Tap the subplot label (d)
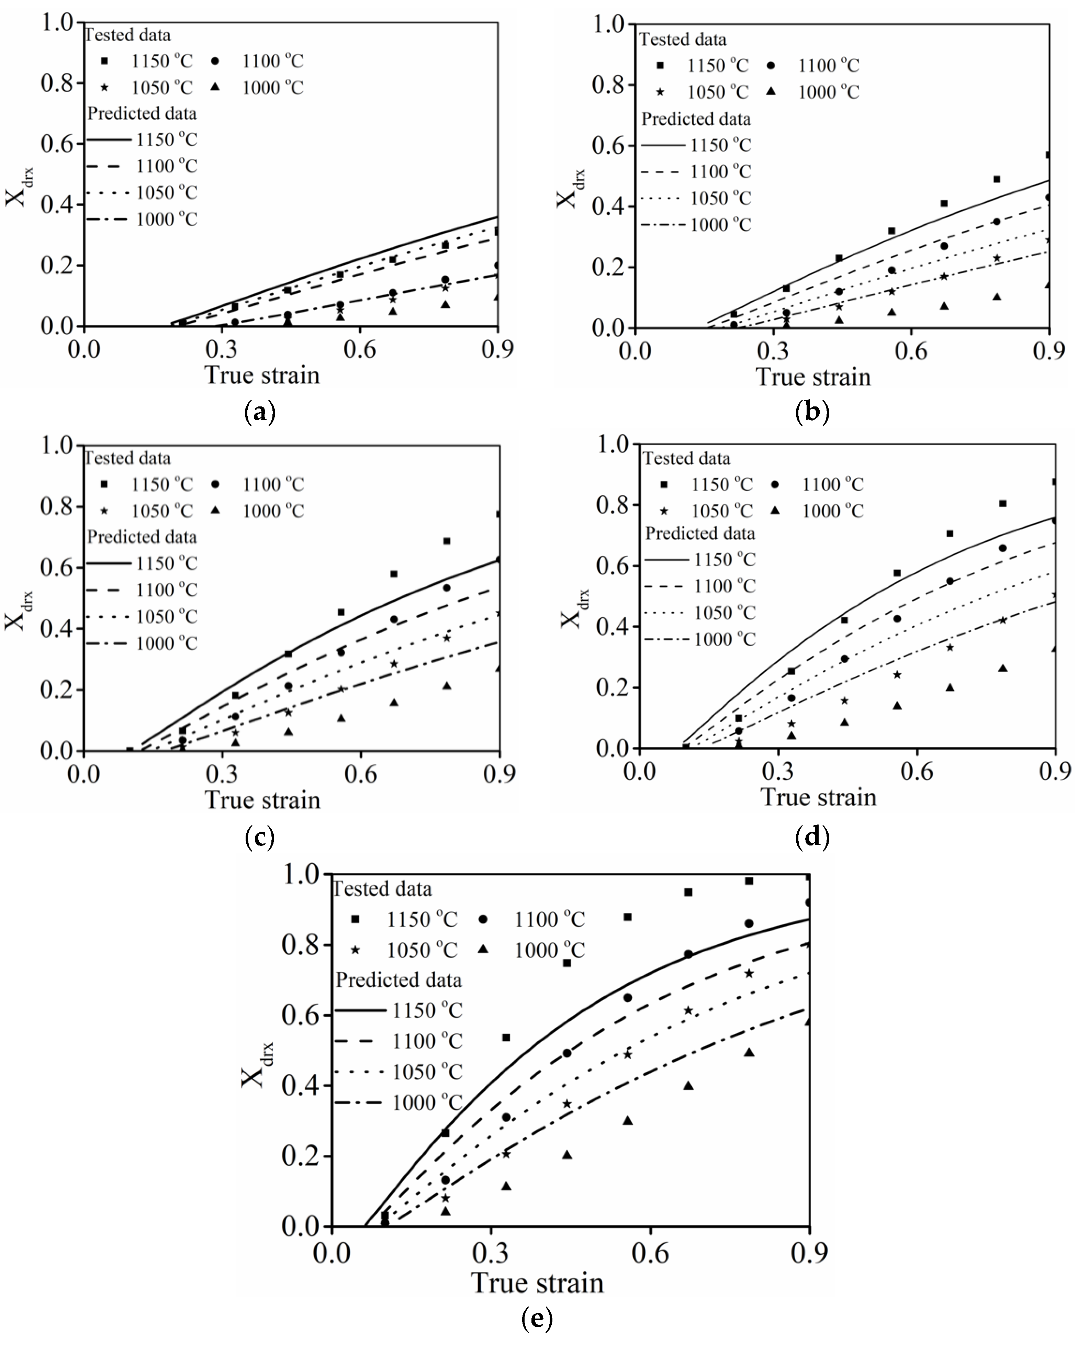pos(812,837)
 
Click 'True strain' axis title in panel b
pos(813,377)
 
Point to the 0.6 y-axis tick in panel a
pos(58,144)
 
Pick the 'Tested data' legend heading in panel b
pos(683,40)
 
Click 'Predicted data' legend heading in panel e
pos(398,980)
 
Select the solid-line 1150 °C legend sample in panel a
pos(109,139)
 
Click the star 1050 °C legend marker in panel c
pos(104,511)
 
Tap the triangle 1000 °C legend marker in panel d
pos(775,511)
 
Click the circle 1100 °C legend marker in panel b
pos(771,65)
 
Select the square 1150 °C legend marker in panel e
pos(355,919)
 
